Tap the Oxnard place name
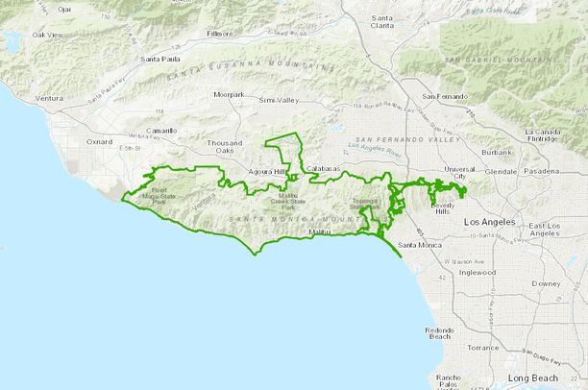100,142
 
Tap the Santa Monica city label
421,245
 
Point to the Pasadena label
540,171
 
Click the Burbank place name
498,153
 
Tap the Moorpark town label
230,95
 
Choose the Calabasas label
324,169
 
